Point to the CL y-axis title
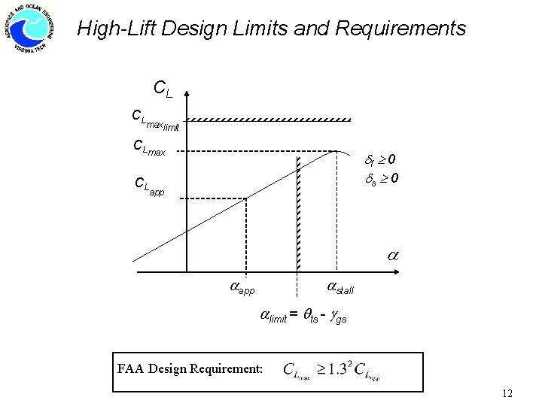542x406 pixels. pyautogui.click(x=162, y=89)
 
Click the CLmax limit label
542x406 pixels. pyautogui.click(x=154, y=119)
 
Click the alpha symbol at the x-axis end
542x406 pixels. pyautogui.click(x=392, y=256)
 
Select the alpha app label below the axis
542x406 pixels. pyautogui.click(x=242, y=286)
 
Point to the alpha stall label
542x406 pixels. pyautogui.click(x=340, y=286)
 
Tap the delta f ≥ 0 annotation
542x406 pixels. pyautogui.click(x=382, y=159)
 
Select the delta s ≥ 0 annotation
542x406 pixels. pyautogui.click(x=382, y=179)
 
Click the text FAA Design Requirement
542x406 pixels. pyautogui.click(x=190, y=368)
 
